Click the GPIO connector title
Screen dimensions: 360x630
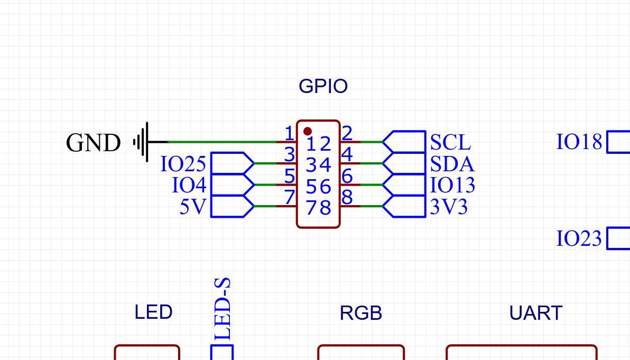click(x=323, y=86)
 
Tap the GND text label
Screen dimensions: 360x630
click(x=93, y=143)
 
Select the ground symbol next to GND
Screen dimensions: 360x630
click(x=144, y=142)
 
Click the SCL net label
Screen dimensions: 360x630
click(x=450, y=143)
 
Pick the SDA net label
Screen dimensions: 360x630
click(x=452, y=164)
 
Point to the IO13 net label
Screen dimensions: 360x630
click(x=452, y=186)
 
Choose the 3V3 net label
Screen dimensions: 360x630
click(x=449, y=207)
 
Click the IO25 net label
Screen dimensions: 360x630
click(x=183, y=164)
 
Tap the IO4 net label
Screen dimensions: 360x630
click(x=189, y=186)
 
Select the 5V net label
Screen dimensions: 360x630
click(x=192, y=207)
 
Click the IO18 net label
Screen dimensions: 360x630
click(x=579, y=142)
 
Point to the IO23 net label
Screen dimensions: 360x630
click(x=579, y=239)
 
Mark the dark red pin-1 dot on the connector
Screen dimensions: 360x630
click(x=308, y=131)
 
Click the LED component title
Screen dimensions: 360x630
click(x=153, y=312)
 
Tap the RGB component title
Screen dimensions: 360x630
click(x=360, y=313)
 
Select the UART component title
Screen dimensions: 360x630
click(x=535, y=313)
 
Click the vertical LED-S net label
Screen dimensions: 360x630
click(x=223, y=309)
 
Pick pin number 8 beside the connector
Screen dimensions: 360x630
click(x=347, y=198)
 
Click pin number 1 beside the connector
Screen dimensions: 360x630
click(x=289, y=133)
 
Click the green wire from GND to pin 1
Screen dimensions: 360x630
click(x=222, y=142)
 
